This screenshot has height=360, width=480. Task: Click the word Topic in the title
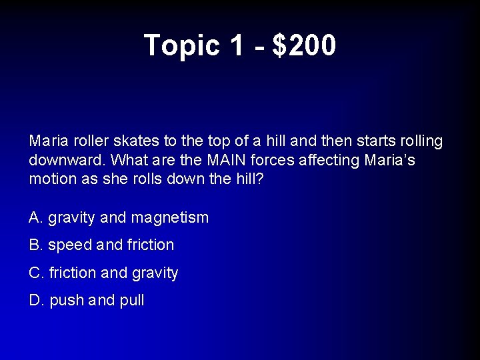tap(182, 45)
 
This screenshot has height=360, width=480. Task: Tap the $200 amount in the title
tap(305, 45)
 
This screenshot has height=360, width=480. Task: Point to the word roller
tap(89, 141)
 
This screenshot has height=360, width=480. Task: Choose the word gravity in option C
tap(154, 273)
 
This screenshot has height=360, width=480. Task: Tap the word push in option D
tap(67, 301)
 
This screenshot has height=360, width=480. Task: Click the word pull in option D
tap(131, 301)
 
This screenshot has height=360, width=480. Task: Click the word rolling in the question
tap(419, 141)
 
